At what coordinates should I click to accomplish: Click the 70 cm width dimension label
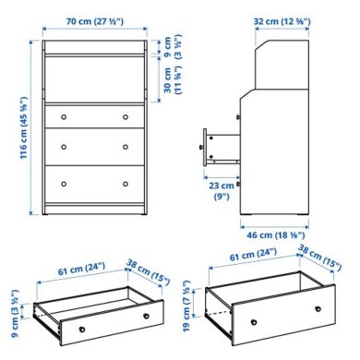97,21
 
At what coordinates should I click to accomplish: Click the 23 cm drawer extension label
221,190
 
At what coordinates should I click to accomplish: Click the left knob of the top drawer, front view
66,117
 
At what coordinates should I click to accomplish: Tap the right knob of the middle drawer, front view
125,148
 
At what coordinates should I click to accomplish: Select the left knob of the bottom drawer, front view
66,182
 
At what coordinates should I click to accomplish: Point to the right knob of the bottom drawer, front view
125,182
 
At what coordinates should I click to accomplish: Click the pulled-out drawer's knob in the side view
203,145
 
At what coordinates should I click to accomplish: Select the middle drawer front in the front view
95,148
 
